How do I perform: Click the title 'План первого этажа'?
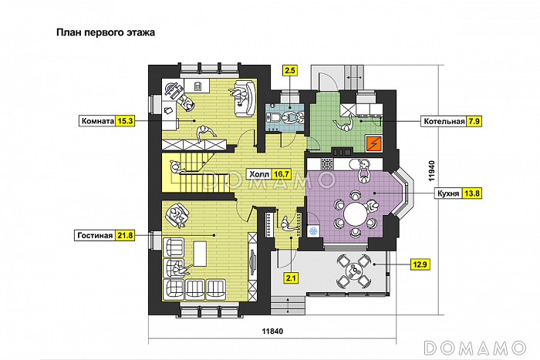click(106, 32)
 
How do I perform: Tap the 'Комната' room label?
click(97, 121)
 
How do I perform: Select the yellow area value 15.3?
click(125, 121)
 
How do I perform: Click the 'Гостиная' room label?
click(95, 236)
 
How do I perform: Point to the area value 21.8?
click(125, 236)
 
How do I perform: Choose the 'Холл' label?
click(258, 174)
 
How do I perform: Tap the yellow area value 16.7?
click(281, 174)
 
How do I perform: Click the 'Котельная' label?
click(444, 121)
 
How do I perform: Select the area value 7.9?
click(474, 121)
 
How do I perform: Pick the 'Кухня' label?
click(448, 193)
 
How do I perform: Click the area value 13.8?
click(471, 193)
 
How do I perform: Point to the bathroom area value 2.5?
click(290, 71)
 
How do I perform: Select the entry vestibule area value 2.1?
click(291, 278)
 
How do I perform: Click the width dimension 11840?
click(272, 331)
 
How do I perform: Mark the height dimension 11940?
click(432, 171)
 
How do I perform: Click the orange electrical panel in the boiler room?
click(374, 143)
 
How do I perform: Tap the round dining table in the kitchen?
click(356, 214)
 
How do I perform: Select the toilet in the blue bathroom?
click(275, 116)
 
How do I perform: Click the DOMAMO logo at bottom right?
click(475, 348)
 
